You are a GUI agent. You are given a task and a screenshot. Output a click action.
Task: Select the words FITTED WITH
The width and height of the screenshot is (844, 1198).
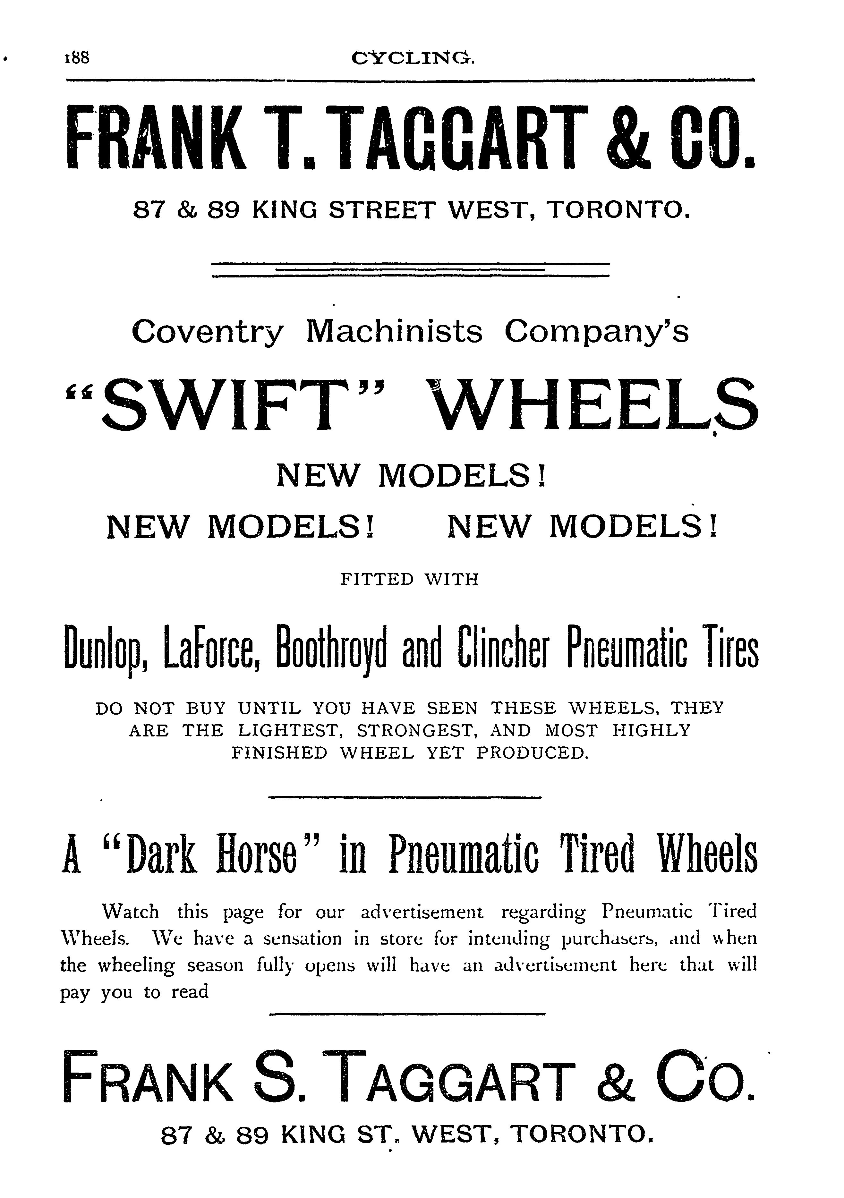point(409,580)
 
